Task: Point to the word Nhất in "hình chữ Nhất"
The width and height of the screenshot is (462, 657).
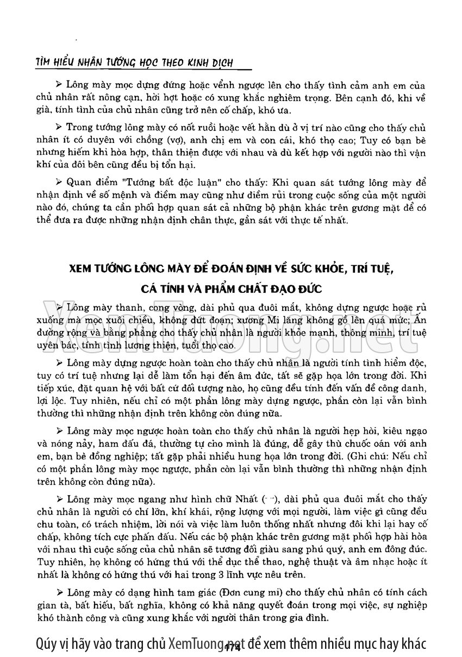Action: [245, 499]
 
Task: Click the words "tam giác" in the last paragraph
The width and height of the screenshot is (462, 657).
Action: [189, 592]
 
